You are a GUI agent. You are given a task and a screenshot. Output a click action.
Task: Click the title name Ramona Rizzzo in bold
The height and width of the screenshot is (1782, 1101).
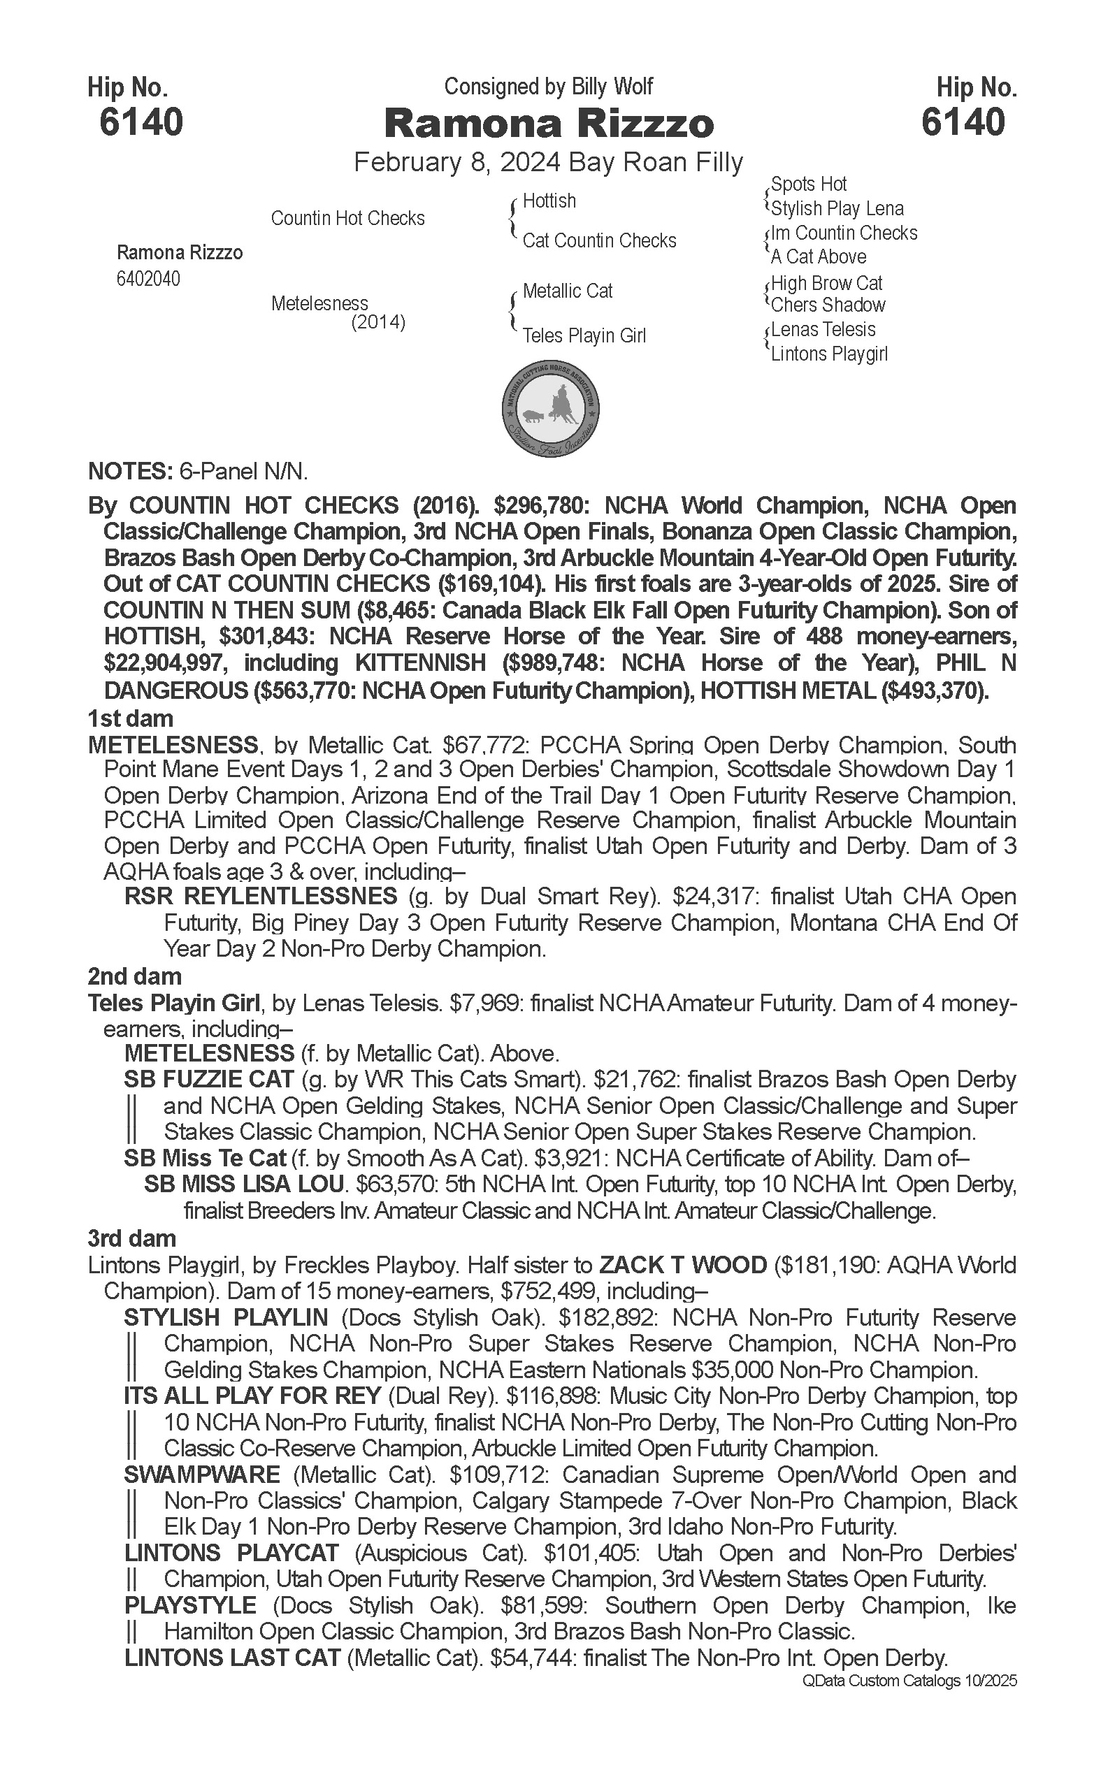[x=549, y=123]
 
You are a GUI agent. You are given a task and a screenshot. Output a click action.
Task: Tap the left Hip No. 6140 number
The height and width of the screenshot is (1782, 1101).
[x=141, y=122]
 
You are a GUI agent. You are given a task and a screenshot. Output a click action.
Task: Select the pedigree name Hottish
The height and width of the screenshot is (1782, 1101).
[x=549, y=201]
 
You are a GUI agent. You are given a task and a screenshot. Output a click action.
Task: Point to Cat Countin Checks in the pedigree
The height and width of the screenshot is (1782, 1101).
[x=599, y=241]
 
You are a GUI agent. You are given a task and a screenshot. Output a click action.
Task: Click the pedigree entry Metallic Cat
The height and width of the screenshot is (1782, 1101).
[x=567, y=291]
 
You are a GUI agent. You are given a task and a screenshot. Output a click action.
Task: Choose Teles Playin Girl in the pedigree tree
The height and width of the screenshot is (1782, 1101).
[x=584, y=335]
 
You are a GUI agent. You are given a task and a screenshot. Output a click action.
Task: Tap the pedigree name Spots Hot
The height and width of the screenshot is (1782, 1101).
[x=808, y=184]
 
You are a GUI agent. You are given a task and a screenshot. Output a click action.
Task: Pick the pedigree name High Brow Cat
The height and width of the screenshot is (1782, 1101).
[x=826, y=283]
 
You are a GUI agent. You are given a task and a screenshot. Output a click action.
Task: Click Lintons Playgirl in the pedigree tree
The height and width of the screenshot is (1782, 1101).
[x=828, y=354]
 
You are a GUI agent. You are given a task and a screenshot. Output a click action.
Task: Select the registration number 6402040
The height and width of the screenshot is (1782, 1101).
[x=148, y=279]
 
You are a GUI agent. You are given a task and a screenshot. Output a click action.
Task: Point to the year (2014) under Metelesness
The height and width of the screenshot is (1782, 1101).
[x=378, y=321]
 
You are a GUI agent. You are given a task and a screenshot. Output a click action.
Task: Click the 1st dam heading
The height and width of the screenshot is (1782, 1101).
[x=130, y=718]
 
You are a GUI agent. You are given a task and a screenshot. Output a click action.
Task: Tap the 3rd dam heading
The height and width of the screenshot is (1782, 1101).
[x=132, y=1238]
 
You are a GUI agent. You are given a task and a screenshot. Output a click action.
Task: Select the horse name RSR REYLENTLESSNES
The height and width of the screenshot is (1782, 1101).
[x=261, y=896]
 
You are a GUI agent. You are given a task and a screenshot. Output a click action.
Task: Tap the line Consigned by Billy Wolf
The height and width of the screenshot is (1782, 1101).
[x=548, y=87]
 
